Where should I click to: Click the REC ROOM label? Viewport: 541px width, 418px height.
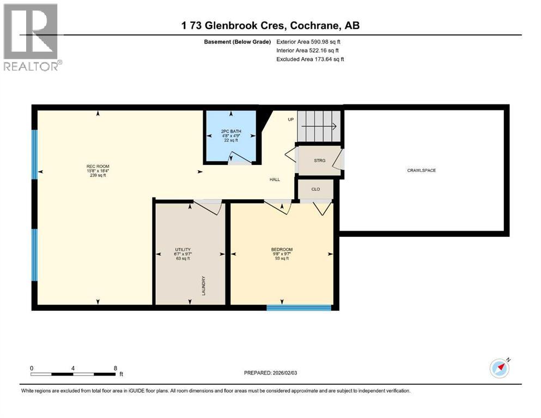click(98, 167)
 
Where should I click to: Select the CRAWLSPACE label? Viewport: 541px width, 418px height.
click(421, 170)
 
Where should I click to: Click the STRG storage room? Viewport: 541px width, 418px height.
click(319, 161)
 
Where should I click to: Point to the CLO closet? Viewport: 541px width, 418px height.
click(315, 189)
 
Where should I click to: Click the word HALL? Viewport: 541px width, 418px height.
click(274, 179)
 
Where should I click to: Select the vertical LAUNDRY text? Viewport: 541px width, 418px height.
click(203, 285)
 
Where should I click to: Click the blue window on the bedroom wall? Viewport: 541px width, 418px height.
click(299, 308)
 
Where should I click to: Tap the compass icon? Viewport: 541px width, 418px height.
click(499, 368)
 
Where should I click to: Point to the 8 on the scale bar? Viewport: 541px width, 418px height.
click(116, 368)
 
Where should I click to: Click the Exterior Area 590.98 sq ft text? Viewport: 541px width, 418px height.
click(310, 41)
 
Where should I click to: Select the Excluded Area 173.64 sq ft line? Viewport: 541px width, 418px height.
click(310, 59)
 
